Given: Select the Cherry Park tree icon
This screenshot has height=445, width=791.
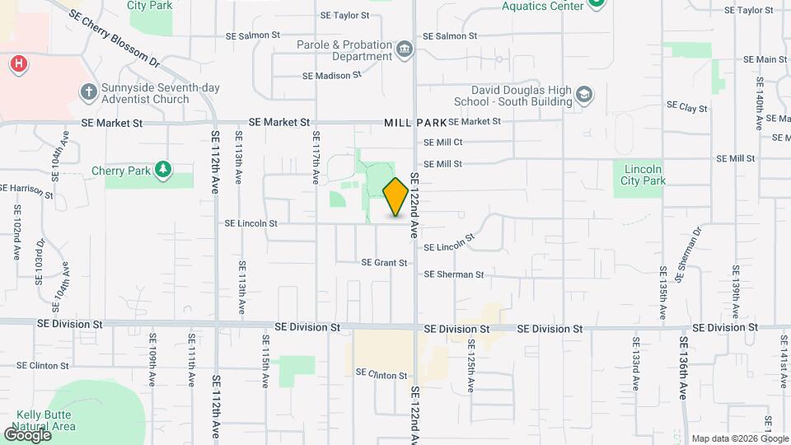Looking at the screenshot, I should (x=164, y=169).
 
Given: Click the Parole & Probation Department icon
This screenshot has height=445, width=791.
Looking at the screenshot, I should (x=404, y=49).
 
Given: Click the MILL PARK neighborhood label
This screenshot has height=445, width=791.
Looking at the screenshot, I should (x=414, y=122).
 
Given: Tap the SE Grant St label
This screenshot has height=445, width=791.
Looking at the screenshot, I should (x=384, y=263).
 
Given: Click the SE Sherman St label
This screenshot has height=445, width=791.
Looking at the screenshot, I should (x=453, y=274).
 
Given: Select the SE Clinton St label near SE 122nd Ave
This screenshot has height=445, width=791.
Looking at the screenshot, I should (x=381, y=374).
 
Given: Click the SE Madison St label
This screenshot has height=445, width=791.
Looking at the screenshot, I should (x=332, y=75).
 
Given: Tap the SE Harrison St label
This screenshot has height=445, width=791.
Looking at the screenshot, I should (x=26, y=191).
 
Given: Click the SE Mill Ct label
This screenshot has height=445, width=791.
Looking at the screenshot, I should (x=442, y=143).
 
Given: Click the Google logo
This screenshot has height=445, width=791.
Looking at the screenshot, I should (x=27, y=434).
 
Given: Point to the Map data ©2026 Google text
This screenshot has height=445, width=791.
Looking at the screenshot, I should (x=737, y=438).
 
